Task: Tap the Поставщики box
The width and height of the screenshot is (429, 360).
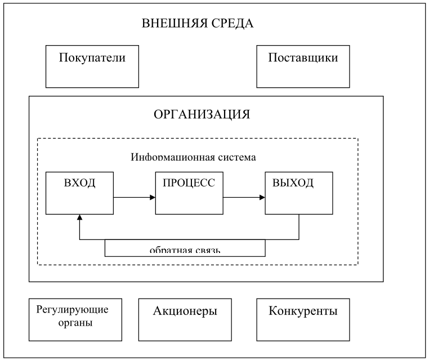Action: point(303,67)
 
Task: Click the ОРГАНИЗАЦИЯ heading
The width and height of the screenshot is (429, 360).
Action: point(201,115)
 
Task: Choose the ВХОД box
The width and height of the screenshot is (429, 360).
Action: point(79,193)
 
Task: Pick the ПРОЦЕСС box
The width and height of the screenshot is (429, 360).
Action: point(189,193)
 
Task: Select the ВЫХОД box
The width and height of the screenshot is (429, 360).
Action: point(298,193)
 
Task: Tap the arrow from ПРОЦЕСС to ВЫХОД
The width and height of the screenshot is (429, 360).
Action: point(244,198)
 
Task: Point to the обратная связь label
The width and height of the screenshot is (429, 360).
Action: point(185,250)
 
